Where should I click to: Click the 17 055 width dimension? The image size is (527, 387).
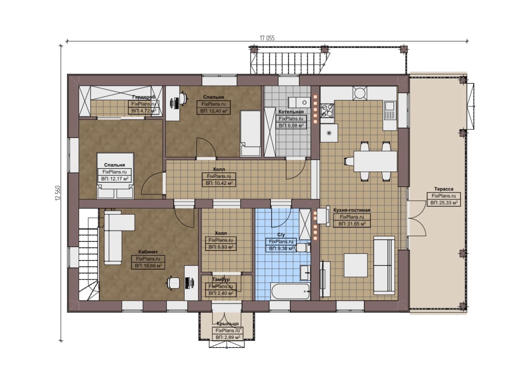pyautogui.click(x=267, y=38)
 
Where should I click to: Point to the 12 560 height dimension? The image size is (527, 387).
pyautogui.click(x=58, y=193)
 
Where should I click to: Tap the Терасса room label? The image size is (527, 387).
pyautogui.click(x=443, y=189)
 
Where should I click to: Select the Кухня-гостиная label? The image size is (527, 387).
pyautogui.click(x=352, y=210)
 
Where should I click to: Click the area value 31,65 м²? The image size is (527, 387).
pyautogui.click(x=352, y=224)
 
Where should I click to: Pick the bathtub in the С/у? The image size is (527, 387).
pyautogui.click(x=290, y=292)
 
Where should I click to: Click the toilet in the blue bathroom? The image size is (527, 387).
pyautogui.click(x=303, y=248)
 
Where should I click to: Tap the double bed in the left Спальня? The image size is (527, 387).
pyautogui.click(x=115, y=176)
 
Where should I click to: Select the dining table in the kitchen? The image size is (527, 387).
pyautogui.click(x=375, y=161)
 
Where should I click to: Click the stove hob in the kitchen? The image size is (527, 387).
pyautogui.click(x=327, y=110)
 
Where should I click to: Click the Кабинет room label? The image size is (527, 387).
pyautogui.click(x=148, y=252)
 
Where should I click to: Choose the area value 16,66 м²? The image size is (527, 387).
pyautogui.click(x=148, y=266)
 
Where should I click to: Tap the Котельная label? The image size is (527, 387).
pyautogui.click(x=291, y=112)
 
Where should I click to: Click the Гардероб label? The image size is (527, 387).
pyautogui.click(x=144, y=97)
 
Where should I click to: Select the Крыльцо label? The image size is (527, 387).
pyautogui.click(x=228, y=324)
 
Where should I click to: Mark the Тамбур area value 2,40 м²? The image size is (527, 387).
pyautogui.click(x=221, y=293)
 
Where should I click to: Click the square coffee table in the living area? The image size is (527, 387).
pyautogui.click(x=356, y=265)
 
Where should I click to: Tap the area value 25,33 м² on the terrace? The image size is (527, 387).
pyautogui.click(x=444, y=203)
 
